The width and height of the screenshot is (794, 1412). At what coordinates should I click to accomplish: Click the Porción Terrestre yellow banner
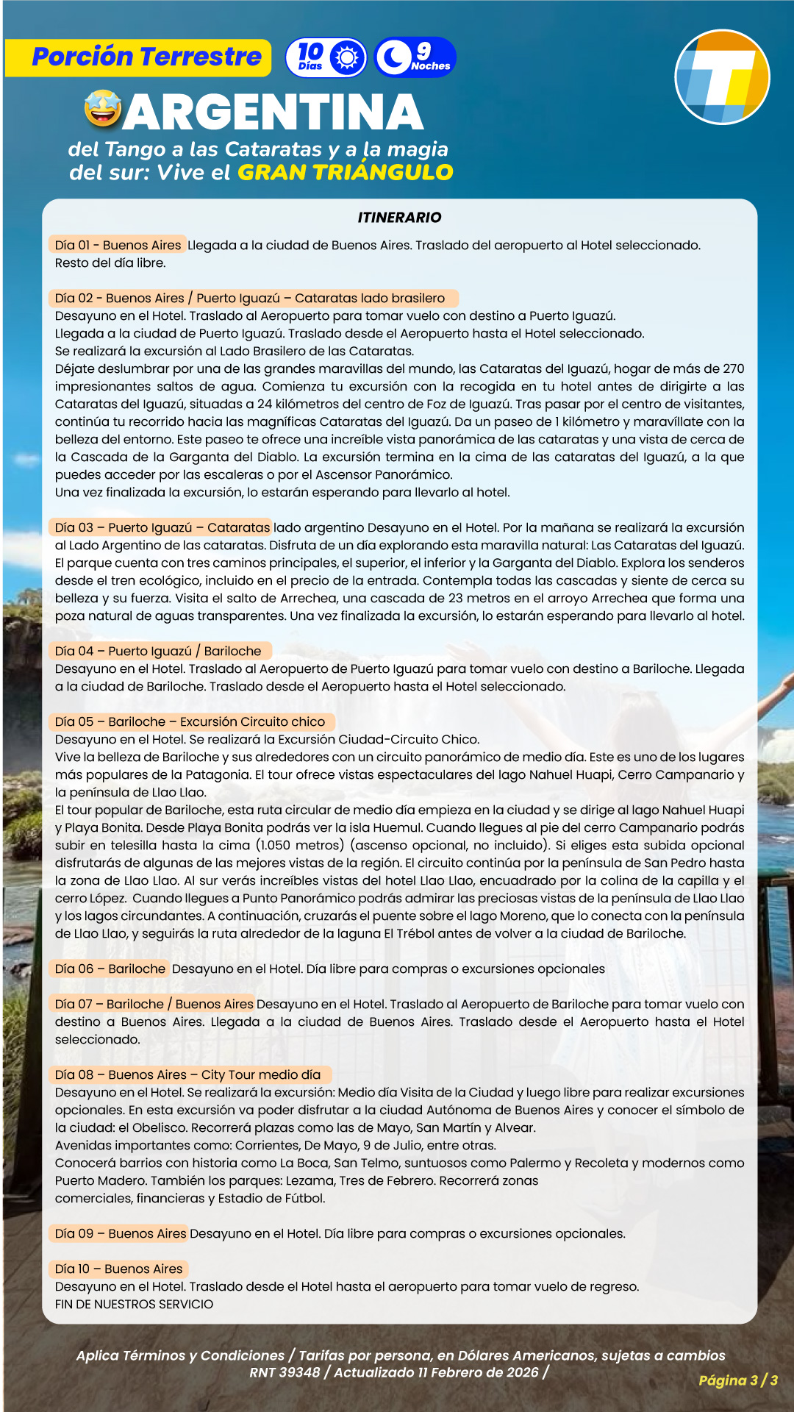coord(138,57)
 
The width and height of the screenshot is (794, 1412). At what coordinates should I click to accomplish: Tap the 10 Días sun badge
coord(326,57)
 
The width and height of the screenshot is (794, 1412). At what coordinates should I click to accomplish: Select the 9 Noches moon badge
coord(415,57)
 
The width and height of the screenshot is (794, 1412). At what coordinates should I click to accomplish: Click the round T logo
coord(722,77)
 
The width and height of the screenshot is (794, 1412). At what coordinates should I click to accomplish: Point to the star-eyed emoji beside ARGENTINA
coord(103,110)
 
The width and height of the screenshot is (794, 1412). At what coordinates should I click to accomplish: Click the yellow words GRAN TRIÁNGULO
coord(345,172)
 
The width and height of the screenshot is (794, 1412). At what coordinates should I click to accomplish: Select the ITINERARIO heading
coord(399,217)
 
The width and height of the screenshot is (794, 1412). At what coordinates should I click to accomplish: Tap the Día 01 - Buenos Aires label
coord(118,245)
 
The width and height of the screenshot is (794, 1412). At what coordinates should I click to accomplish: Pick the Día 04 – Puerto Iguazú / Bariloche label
coord(158,651)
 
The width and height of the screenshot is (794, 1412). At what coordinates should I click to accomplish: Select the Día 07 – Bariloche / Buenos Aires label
coord(154,1004)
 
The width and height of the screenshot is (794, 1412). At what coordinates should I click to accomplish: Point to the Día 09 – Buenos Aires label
coord(121,1233)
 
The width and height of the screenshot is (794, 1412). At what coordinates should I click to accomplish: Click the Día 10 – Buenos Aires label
coord(118,1269)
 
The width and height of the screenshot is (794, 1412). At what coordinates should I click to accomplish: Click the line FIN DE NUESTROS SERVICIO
coord(134,1304)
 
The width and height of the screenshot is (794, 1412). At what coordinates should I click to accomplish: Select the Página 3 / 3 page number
coord(737,1380)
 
